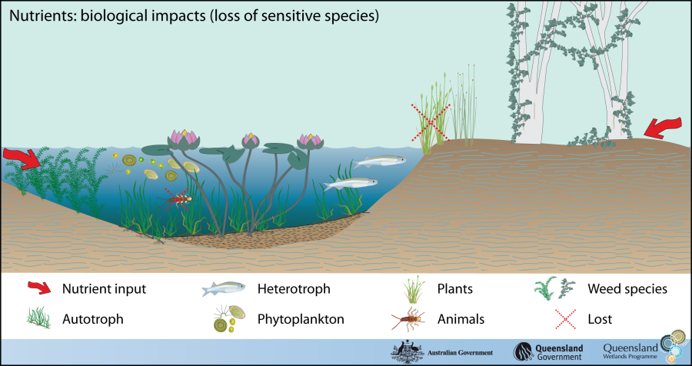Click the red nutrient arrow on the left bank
[x=22, y=158]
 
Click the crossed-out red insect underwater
[x=178, y=200]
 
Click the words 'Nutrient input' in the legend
[x=105, y=289]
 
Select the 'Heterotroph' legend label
[x=294, y=289]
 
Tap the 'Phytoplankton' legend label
[x=301, y=318]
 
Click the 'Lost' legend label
[x=600, y=318]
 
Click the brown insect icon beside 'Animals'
[x=406, y=318]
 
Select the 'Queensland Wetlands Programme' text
[x=631, y=351]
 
